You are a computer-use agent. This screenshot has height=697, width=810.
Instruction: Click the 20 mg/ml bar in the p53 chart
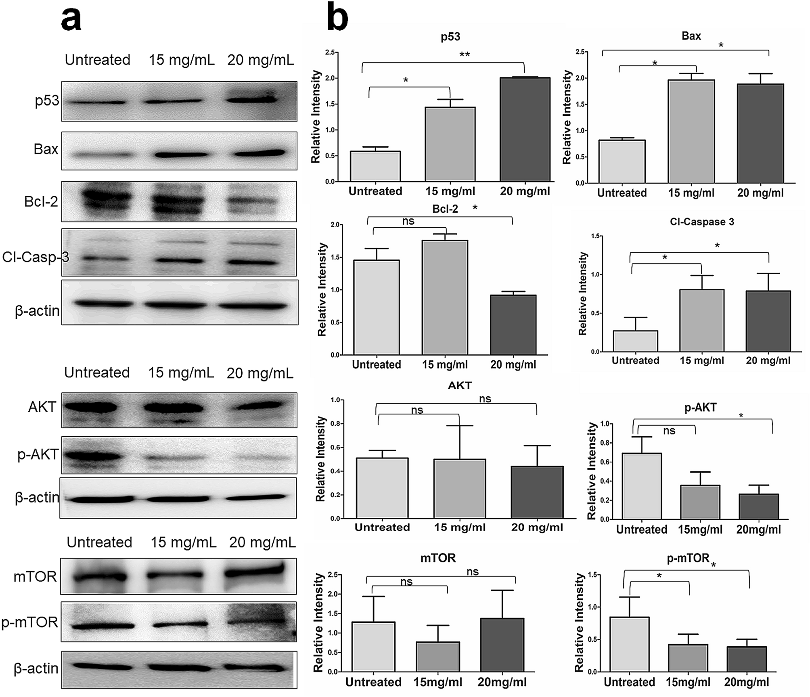pos(525,129)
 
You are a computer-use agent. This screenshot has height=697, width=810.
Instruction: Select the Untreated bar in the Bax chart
pos(622,161)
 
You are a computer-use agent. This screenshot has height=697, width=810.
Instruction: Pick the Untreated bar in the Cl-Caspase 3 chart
pos(635,341)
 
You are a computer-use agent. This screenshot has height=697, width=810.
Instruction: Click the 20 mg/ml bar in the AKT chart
pos(537,492)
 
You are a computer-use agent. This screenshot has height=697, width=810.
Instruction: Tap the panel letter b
pos(337,17)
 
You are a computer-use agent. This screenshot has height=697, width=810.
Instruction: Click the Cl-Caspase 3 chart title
pos(702,222)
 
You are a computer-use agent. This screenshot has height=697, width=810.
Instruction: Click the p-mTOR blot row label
pos(30,622)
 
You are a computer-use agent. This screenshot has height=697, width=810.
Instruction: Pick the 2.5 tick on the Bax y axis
pos(580,52)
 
